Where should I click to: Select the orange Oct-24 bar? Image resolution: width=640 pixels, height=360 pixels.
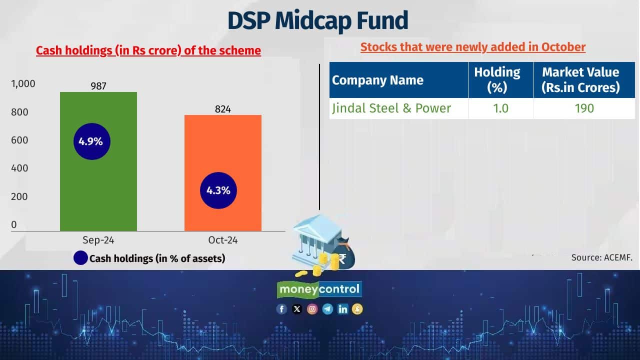[x=223, y=150]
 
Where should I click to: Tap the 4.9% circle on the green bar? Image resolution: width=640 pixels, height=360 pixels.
[x=90, y=141]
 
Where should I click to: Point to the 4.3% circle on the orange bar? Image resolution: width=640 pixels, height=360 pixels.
[x=218, y=190]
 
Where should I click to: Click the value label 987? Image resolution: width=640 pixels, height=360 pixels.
[x=98, y=86]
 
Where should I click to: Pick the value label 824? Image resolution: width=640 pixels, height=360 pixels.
[x=223, y=109]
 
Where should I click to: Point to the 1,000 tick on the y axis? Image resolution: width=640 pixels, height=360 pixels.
[x=23, y=83]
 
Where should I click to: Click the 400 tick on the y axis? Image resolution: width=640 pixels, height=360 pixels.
[x=20, y=168]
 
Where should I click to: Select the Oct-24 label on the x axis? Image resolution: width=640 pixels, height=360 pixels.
[x=223, y=240]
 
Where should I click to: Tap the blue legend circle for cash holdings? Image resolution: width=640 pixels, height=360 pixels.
[x=80, y=258]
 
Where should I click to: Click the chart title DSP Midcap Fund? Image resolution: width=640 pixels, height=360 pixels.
[x=318, y=21]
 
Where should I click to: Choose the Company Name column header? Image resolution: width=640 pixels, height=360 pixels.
[x=377, y=80]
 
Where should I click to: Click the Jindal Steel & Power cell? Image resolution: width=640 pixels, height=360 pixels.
[x=391, y=108]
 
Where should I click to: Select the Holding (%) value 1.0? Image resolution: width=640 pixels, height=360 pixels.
[x=500, y=108]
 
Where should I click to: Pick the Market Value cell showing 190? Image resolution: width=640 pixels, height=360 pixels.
[x=583, y=108]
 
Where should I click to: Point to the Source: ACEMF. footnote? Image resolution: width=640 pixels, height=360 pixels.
[x=602, y=257]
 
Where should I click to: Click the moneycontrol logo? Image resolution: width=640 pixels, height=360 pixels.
[x=319, y=289]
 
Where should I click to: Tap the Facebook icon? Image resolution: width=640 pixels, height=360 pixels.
[x=281, y=309]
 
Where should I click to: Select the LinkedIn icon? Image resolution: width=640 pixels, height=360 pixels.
[x=342, y=309]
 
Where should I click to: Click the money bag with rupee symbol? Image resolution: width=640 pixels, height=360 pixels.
[x=344, y=254]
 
